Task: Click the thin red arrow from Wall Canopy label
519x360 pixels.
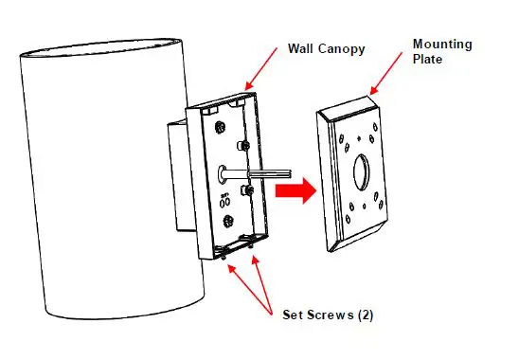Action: (264, 75)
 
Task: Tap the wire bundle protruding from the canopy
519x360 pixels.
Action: (250, 174)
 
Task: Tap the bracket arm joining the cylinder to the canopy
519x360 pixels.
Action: (180, 175)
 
